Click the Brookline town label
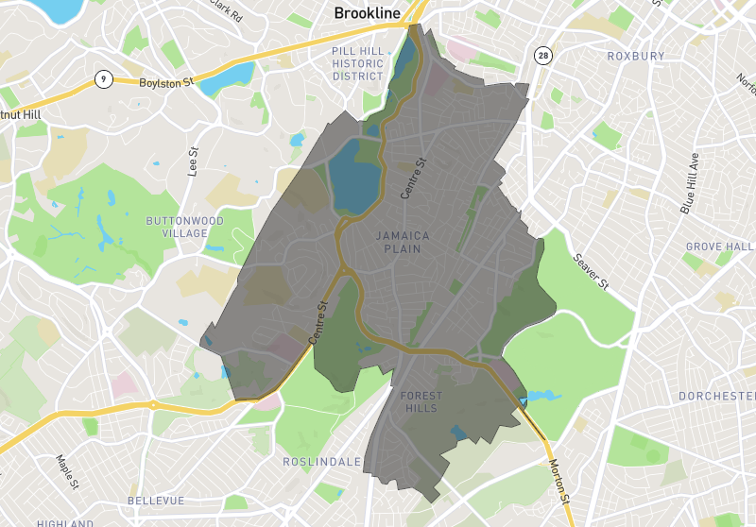(x=367, y=14)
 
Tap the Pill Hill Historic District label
(x=358, y=62)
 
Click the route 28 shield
(x=541, y=55)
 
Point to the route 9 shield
(x=100, y=80)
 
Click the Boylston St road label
(x=165, y=83)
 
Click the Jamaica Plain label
(x=403, y=242)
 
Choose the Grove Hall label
(x=718, y=247)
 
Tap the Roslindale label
(x=321, y=462)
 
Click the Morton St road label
(x=560, y=481)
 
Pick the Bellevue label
(x=156, y=500)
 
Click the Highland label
(x=64, y=522)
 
